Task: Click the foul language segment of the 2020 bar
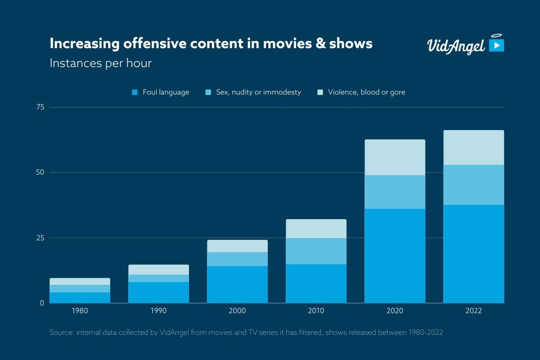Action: click(395, 256)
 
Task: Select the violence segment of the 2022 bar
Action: click(473, 148)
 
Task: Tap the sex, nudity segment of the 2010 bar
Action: click(316, 251)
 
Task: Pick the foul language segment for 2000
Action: click(237, 284)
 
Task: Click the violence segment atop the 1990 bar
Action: click(158, 270)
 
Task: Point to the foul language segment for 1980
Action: click(80, 297)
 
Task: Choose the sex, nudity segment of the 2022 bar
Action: click(473, 185)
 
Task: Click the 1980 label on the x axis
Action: click(80, 311)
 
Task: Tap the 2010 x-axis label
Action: click(316, 311)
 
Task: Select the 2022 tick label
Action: click(473, 311)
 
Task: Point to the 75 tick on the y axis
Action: click(40, 107)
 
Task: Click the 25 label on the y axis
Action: click(40, 238)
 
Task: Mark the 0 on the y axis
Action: click(42, 303)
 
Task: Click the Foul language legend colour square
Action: click(134, 92)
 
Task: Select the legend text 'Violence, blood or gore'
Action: click(366, 92)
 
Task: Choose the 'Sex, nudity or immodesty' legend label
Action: click(258, 92)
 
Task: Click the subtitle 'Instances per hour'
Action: click(100, 63)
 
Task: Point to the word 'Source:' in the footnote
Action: click(62, 333)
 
